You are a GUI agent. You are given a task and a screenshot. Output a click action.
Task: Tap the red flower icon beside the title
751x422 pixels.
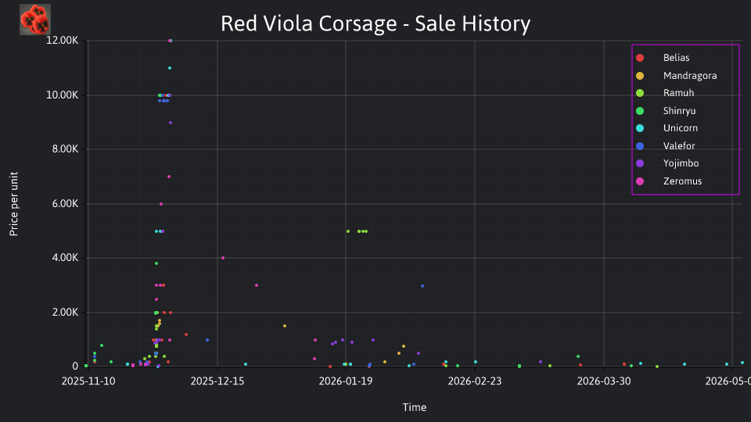(35, 20)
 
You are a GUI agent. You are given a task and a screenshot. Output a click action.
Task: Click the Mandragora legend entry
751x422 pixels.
(676, 76)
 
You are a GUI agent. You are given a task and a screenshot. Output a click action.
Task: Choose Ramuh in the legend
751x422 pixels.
(665, 93)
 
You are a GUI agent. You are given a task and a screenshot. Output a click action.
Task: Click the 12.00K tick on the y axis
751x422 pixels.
(63, 41)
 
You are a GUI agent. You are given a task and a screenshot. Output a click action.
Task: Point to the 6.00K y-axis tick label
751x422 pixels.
(65, 204)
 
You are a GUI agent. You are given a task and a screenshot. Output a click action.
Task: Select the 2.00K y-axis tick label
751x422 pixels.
(65, 313)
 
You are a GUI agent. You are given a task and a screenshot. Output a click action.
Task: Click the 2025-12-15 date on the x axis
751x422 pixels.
(217, 381)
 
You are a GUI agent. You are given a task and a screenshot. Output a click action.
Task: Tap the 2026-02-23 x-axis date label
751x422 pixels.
(475, 381)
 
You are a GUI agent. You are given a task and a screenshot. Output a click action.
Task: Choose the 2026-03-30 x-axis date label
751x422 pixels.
(604, 381)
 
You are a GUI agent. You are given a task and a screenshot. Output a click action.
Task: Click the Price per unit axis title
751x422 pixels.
(14, 204)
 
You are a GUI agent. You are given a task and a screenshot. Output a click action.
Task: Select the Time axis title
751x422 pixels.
(415, 408)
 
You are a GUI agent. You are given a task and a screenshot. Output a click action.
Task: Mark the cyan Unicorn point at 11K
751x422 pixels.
(170, 68)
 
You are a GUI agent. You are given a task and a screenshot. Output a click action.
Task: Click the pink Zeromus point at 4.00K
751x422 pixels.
(223, 258)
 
